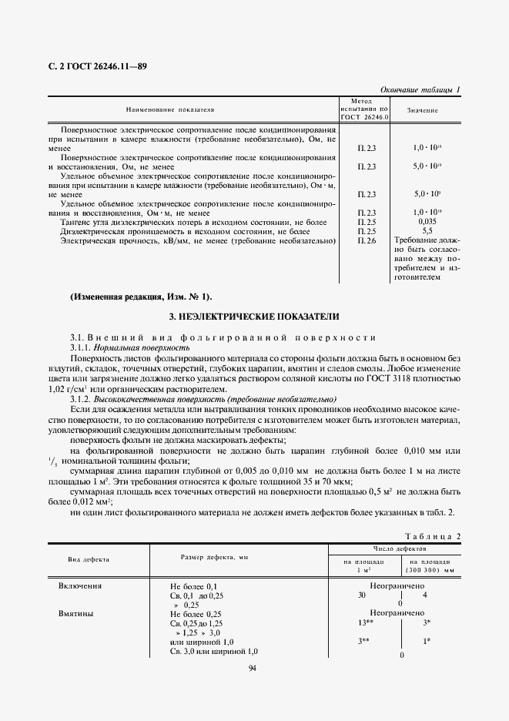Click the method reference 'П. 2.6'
tap(367, 241)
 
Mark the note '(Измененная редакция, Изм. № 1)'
tap(140, 297)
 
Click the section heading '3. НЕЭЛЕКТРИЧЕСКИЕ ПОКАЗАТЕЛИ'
tap(253, 317)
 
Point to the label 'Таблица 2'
tap(432, 535)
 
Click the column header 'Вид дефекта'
tap(89, 559)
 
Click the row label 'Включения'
tap(80, 586)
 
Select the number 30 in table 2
tap(362, 595)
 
